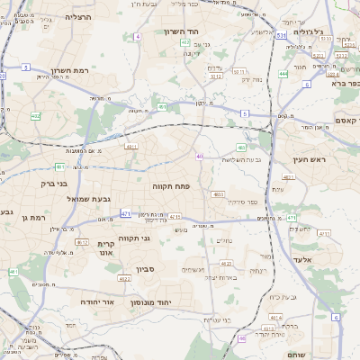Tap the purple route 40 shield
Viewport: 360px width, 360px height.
tap(199, 157)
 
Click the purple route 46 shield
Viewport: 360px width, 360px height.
tap(241, 338)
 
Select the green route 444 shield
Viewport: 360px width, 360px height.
tap(283, 74)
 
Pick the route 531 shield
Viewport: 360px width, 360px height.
tap(282, 35)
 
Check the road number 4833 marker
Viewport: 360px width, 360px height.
tap(218, 193)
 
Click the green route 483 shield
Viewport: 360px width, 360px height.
tap(241, 147)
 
